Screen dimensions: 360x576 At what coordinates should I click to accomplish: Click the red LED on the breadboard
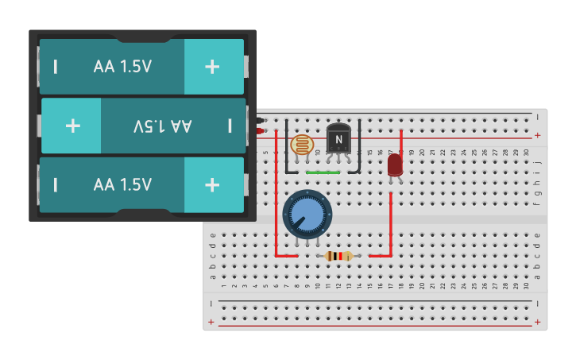[x=395, y=165]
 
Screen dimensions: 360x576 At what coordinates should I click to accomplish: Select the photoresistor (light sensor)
[x=301, y=145]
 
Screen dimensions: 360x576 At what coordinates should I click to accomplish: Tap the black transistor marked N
[x=338, y=140]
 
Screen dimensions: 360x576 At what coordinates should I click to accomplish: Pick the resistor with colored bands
[x=339, y=256]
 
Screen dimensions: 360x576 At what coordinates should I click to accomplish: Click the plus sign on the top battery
[x=212, y=67]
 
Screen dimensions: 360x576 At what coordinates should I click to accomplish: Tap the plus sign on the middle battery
[x=72, y=126]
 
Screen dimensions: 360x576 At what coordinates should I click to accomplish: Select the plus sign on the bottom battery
[x=212, y=184]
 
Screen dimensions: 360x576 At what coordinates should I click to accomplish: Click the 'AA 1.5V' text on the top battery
[x=122, y=67]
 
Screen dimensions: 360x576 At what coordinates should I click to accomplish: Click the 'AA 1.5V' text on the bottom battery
[x=122, y=184]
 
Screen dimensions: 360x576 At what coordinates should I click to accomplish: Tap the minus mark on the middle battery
[x=230, y=126]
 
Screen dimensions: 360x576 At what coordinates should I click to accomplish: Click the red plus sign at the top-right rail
[x=538, y=135]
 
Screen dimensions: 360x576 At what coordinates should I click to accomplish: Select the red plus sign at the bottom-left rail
[x=211, y=322]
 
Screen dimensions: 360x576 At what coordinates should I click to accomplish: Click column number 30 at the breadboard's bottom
[x=526, y=285]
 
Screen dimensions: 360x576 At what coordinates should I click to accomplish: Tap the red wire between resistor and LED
[x=391, y=230]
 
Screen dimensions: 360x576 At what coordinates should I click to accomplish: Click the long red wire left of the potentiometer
[x=276, y=199]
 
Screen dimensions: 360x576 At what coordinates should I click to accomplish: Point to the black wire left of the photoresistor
[x=286, y=147]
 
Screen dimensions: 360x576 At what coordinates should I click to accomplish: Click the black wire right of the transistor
[x=359, y=147]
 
